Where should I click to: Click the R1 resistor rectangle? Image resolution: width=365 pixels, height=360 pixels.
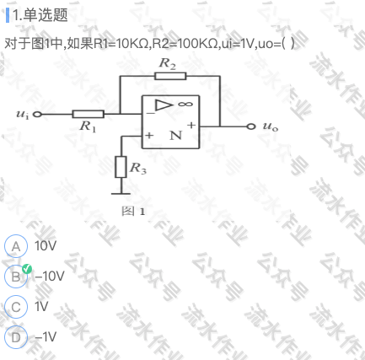pos(89,114)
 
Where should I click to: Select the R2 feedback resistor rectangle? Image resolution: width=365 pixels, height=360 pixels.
pos(170,76)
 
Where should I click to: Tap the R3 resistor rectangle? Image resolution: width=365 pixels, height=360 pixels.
pos(121,167)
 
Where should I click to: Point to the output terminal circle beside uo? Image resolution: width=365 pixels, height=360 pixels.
pos(251,126)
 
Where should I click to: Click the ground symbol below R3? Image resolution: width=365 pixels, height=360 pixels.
pos(121,193)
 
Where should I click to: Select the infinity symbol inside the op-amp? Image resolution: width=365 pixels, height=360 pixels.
pos(185,104)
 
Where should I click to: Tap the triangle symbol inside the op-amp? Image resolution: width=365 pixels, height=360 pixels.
pos(164,105)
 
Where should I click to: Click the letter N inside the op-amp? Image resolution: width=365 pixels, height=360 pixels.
pos(176,136)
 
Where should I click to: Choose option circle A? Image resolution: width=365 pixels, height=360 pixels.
pos(16,246)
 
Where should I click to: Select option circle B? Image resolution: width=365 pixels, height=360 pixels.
pos(16,277)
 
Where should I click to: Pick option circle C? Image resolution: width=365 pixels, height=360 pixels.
pos(16,307)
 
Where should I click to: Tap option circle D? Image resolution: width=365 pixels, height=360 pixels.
pos(16,337)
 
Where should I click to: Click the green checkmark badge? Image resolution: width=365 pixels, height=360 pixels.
pos(27,269)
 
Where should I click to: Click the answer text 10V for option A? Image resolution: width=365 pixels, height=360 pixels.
pos(46,245)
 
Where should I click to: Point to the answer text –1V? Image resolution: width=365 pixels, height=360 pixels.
pos(46,336)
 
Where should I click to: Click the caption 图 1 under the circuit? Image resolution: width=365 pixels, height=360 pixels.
pos(133,211)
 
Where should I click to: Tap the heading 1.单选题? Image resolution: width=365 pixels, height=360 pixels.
pos(40,15)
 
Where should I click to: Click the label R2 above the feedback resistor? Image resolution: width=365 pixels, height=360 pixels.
pos(168,63)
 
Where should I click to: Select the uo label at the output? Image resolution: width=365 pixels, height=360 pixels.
pos(271,126)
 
